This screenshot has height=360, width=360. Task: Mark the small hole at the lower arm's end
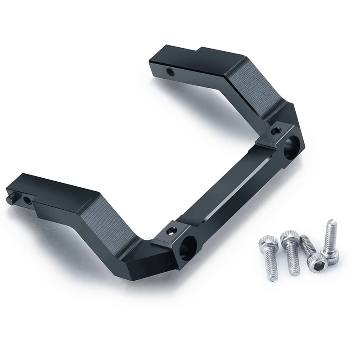point(28,198)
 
